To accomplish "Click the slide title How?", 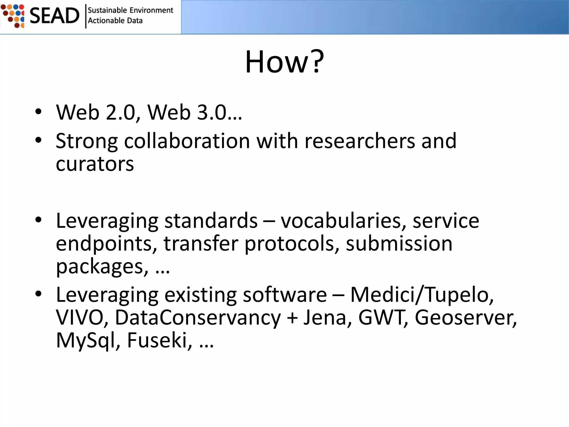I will point(284,62).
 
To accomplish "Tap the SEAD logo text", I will point(54,16).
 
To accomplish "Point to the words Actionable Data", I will point(115,21).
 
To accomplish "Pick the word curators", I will point(95,164).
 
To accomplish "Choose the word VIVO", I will point(79,317).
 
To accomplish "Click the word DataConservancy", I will point(198,317).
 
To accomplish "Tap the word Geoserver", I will point(464,317).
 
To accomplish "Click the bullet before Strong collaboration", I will point(38,140).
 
